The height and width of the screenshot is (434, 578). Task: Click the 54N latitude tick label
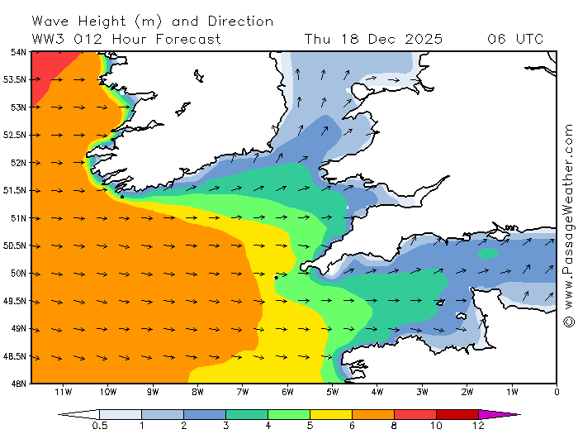tap(17, 51)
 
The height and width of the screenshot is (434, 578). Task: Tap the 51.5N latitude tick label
tap(14, 190)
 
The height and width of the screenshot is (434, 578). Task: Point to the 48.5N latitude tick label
tap(14, 356)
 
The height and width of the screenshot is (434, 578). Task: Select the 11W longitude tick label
tap(62, 391)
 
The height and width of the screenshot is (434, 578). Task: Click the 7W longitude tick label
tap(242, 391)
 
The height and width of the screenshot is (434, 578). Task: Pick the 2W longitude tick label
tap(467, 391)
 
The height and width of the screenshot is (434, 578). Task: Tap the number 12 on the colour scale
tap(478, 426)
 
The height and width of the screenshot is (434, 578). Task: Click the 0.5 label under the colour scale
tap(100, 426)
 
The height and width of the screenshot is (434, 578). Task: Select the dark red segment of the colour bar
tap(457, 414)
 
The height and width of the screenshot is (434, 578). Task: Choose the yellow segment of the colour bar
tap(331, 414)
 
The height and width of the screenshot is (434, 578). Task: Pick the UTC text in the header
tap(528, 39)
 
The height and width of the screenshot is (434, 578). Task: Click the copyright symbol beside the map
tap(568, 321)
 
